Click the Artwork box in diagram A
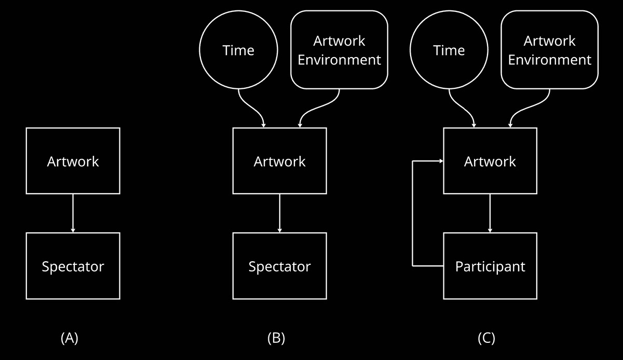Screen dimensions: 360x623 73,161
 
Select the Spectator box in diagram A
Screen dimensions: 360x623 73,266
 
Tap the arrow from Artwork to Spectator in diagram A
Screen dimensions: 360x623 73,213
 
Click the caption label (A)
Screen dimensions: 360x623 70,338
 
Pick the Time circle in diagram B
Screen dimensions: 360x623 238,50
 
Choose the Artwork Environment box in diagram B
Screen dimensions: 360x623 339,50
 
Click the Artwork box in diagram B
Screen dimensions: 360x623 279,161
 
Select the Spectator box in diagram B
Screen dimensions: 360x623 279,266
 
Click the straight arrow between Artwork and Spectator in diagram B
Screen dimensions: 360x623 279,213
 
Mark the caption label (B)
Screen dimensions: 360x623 276,338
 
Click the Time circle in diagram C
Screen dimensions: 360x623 449,50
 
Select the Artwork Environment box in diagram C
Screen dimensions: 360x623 549,50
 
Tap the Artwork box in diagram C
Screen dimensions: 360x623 490,161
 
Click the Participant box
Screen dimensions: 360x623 490,266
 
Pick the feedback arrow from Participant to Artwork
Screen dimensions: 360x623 413,213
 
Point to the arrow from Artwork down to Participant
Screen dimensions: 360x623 490,213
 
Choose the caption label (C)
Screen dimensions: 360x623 486,338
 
